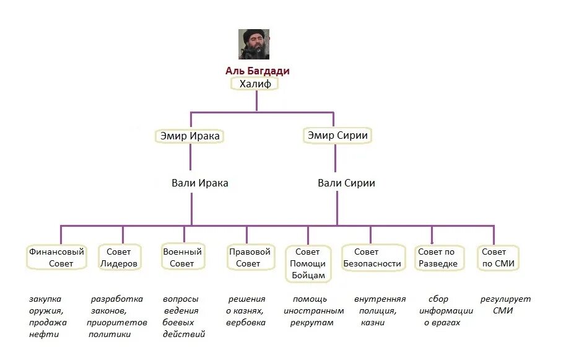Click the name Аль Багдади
point(257,71)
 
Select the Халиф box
point(256,84)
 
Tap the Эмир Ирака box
point(189,136)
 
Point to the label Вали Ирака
point(199,183)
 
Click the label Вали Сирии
point(346,183)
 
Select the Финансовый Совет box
point(56,258)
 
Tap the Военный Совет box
point(182,258)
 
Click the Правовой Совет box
point(250,258)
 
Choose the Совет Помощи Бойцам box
point(308,263)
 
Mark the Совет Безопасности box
point(370,258)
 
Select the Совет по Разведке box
point(437,258)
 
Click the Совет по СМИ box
point(497,258)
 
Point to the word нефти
point(43,335)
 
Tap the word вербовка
point(245,323)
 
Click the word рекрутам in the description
point(313,323)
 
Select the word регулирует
point(505,299)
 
